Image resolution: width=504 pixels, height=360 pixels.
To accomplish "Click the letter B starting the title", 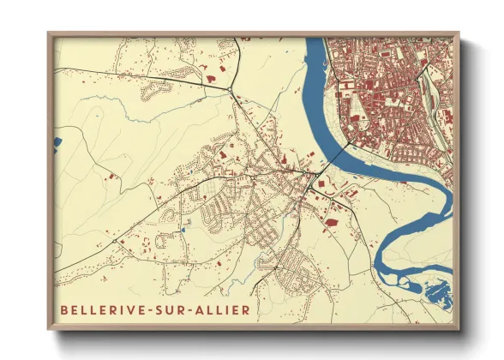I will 63,309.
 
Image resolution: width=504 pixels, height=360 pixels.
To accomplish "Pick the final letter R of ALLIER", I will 248,309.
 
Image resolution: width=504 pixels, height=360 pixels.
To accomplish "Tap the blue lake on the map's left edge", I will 57,139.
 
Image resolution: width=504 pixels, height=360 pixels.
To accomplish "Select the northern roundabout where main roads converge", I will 231,88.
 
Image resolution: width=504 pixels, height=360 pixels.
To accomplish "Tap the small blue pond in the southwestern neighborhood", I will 183,229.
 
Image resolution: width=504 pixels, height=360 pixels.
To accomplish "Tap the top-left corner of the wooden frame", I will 49,33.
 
